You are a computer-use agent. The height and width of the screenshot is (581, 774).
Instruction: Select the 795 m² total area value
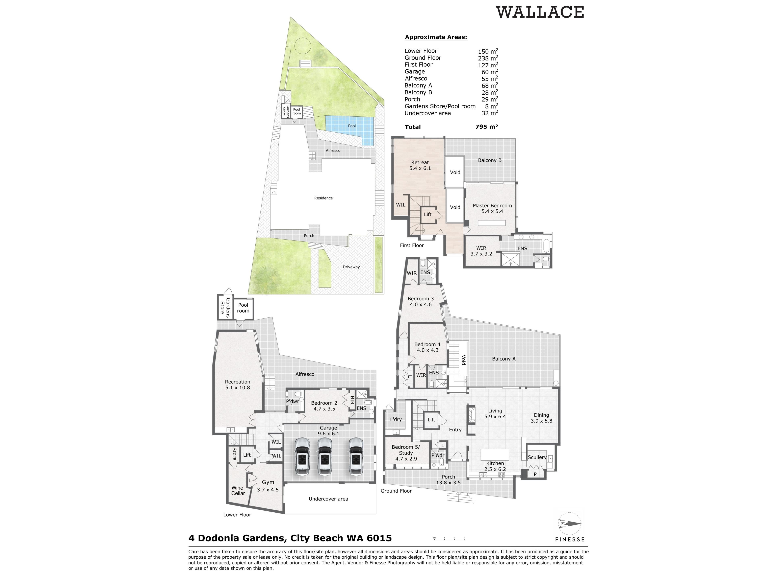click(486, 127)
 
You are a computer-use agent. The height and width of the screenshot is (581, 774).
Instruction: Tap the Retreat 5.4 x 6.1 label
click(420, 165)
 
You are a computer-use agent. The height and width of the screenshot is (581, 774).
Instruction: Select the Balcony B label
click(490, 160)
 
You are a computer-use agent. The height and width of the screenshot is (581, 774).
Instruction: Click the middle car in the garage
click(325, 456)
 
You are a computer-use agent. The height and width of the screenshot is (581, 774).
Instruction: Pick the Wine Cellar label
click(238, 490)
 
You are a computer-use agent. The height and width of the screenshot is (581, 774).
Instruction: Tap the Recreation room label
click(238, 385)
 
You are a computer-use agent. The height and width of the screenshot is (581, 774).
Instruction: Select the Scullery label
click(537, 457)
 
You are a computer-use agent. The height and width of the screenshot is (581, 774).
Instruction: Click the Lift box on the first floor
click(428, 214)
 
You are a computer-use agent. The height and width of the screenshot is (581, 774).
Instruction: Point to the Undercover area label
click(328, 499)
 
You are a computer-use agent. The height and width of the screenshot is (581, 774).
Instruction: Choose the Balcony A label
click(504, 359)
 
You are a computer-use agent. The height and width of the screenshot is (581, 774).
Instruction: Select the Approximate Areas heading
click(436, 37)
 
